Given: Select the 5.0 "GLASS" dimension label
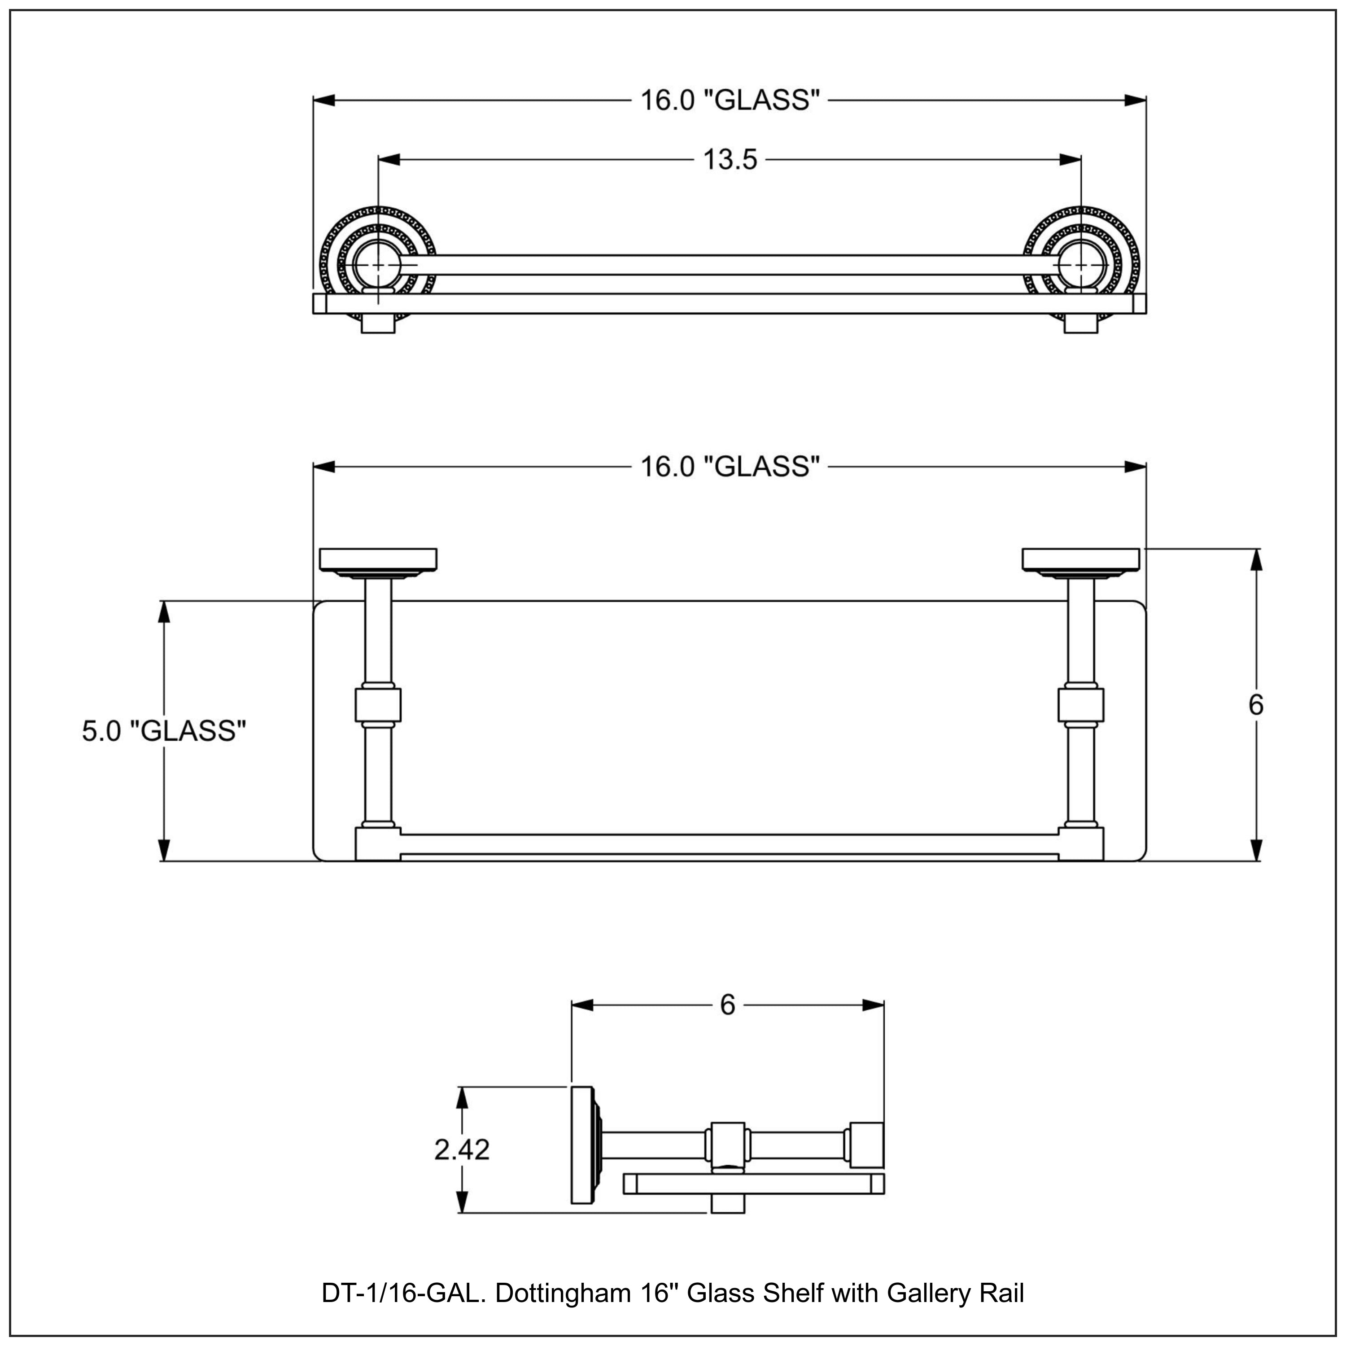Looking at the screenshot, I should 164,731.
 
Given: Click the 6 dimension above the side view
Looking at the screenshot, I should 727,1005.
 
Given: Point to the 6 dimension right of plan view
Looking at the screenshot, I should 1255,705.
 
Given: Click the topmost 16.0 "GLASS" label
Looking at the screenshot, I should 729,101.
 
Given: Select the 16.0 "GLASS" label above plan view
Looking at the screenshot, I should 729,466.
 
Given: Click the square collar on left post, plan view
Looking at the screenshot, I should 378,704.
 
